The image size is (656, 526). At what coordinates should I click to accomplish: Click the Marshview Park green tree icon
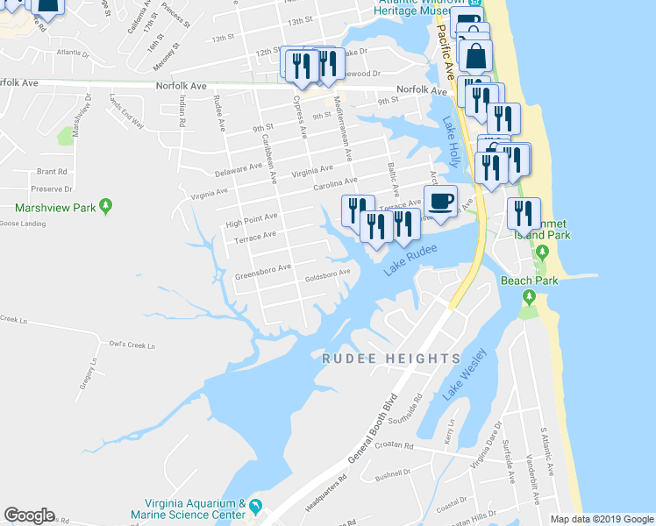tap(106, 207)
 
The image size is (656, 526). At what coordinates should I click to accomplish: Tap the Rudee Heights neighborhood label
tap(390, 359)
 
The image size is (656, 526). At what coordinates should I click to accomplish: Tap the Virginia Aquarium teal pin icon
tap(255, 506)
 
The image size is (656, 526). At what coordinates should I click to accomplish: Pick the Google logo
tap(29, 515)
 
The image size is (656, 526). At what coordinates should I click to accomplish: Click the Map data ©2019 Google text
tap(601, 518)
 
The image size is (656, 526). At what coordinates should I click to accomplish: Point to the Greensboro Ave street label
tap(262, 273)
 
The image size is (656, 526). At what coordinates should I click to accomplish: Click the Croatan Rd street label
tap(392, 445)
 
